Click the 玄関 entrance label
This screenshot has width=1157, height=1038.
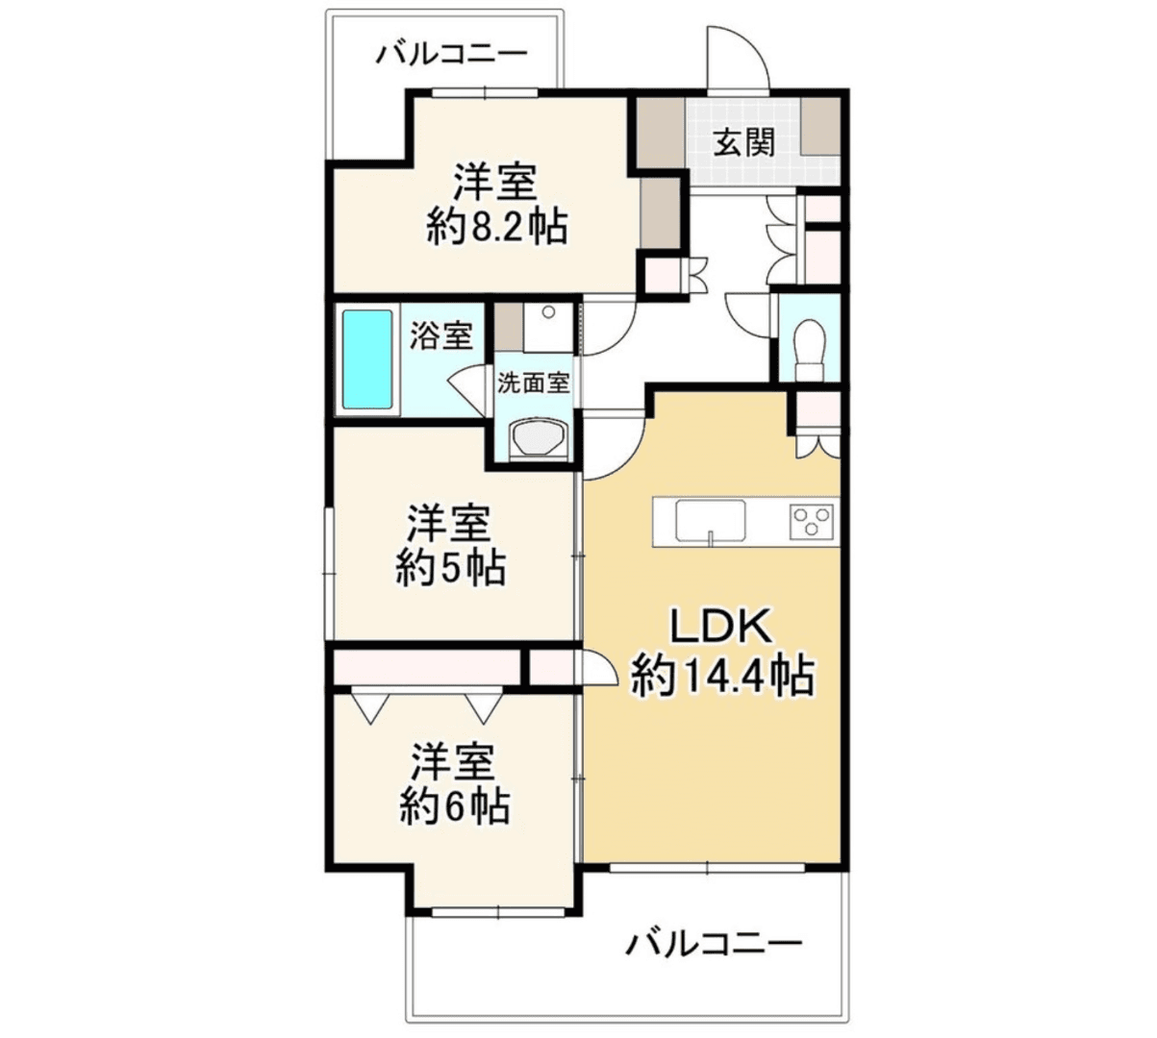point(744,143)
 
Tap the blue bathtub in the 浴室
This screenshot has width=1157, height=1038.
point(368,358)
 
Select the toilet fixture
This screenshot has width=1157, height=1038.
point(810,345)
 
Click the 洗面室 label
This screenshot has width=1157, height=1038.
point(534,383)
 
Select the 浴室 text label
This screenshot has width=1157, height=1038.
point(441,335)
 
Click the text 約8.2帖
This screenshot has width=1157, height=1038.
point(496,227)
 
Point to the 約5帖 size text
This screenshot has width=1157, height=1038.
point(451,569)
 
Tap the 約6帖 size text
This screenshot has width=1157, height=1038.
point(455,806)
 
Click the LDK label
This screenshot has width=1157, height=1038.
point(721,628)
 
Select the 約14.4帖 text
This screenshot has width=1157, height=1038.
point(722,677)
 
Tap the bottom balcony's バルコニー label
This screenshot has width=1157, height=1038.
point(714,944)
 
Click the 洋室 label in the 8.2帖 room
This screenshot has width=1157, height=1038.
point(495,180)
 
